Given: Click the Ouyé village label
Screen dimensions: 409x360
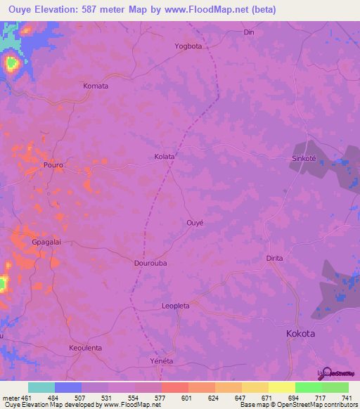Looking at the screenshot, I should pos(195,222).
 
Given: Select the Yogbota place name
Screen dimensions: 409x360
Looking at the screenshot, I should pos(188,46).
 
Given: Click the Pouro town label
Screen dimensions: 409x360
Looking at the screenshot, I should pos(53,165).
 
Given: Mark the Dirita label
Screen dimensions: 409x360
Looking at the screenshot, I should pos(274,258).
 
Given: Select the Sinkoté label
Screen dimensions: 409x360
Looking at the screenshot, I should pos(306,159).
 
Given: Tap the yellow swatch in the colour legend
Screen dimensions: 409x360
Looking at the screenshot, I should pos(255,387).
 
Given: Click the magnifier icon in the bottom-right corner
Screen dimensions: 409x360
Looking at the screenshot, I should pos(324,372).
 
